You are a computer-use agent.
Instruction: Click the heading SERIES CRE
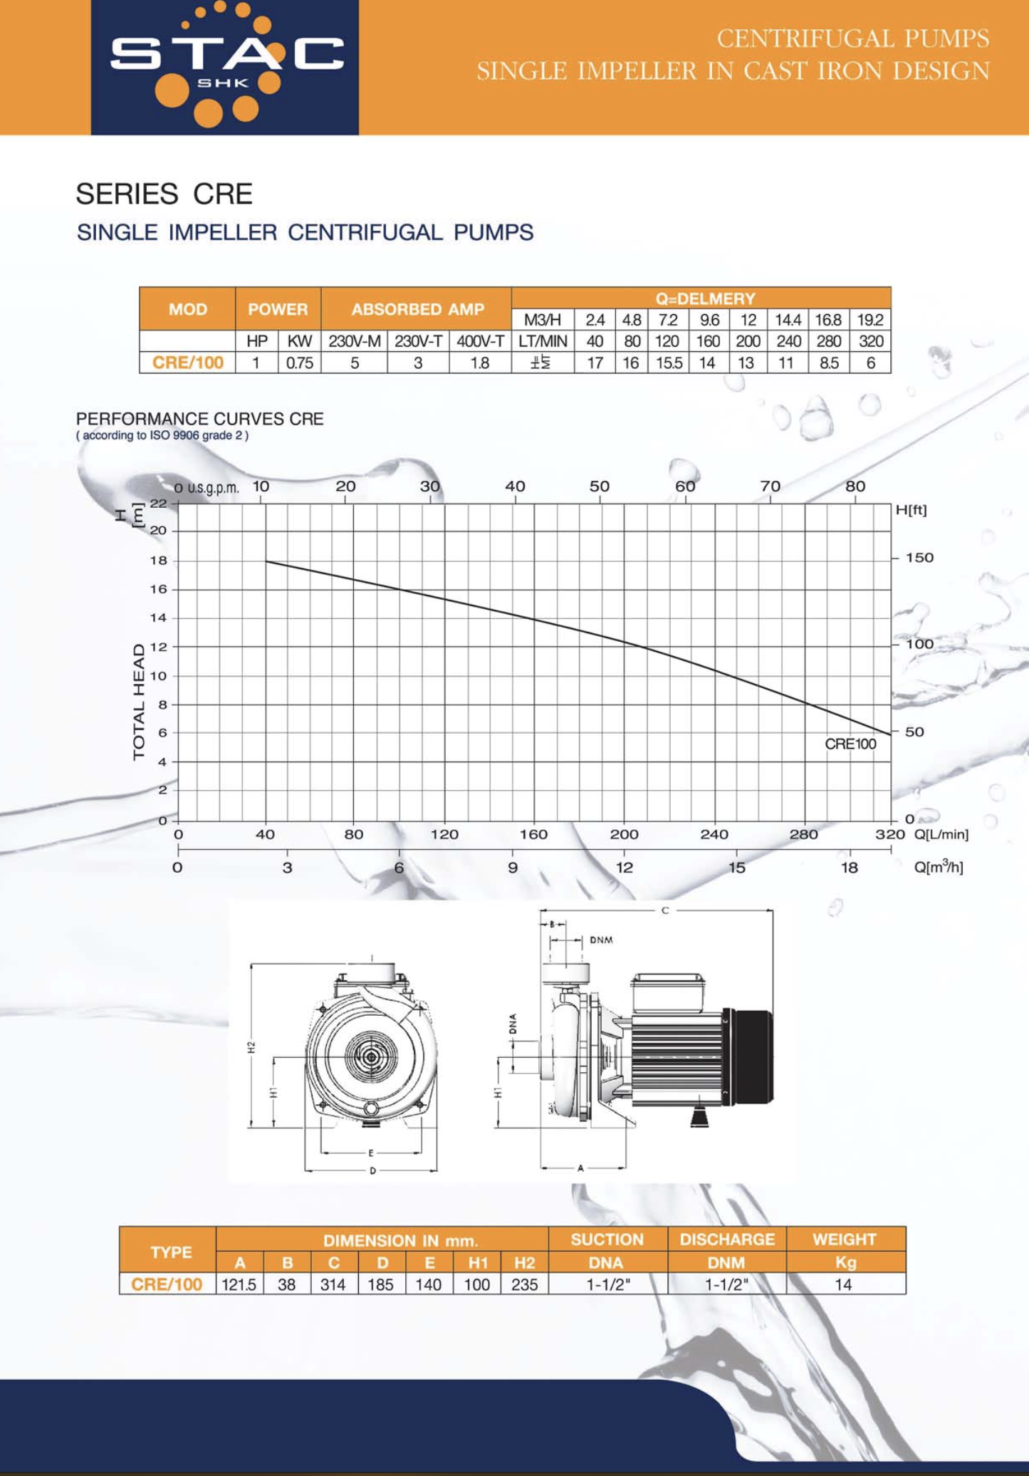164,194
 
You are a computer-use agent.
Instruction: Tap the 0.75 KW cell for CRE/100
299,363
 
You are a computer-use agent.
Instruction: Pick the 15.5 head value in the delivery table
668,363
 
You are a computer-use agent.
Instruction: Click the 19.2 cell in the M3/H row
869,320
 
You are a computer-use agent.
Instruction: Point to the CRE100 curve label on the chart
850,744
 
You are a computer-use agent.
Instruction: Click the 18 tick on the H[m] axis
158,561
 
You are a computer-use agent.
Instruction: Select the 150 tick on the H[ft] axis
919,558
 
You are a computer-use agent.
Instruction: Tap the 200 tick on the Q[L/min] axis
624,834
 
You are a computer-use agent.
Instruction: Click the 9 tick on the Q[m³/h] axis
512,868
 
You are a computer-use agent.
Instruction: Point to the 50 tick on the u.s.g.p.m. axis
599,487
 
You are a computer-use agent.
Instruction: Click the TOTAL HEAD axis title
139,702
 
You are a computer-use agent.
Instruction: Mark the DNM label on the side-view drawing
601,940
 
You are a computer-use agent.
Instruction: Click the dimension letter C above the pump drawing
664,910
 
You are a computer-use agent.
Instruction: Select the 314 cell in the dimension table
333,1284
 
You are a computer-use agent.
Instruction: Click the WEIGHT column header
845,1239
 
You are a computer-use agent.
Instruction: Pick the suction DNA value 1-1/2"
607,1284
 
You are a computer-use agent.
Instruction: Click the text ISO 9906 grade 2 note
162,436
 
